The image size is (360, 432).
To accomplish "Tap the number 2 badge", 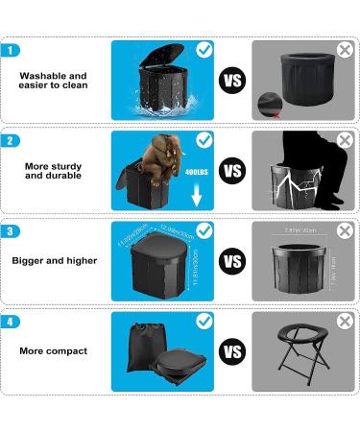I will click(11, 141).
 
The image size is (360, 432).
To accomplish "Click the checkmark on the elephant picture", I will click(204, 140).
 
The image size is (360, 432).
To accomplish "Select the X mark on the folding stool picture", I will click(345, 322).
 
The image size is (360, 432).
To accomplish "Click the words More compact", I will click(53, 351).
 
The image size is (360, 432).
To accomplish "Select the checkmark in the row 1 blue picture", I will click(204, 48).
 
